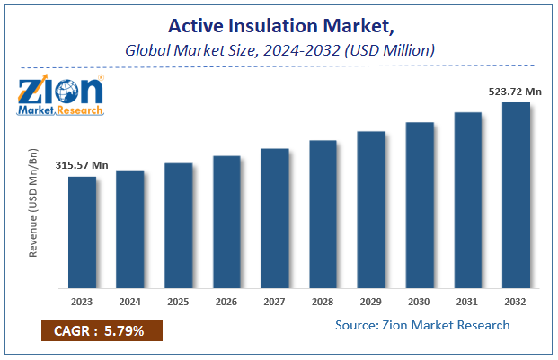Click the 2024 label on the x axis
[x=130, y=302]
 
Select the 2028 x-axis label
[x=323, y=302]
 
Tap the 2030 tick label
[x=420, y=302]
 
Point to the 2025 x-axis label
[x=178, y=302]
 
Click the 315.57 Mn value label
[x=82, y=165]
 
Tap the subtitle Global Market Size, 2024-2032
[x=279, y=50]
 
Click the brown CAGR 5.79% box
[x=101, y=330]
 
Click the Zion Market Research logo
[x=60, y=96]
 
